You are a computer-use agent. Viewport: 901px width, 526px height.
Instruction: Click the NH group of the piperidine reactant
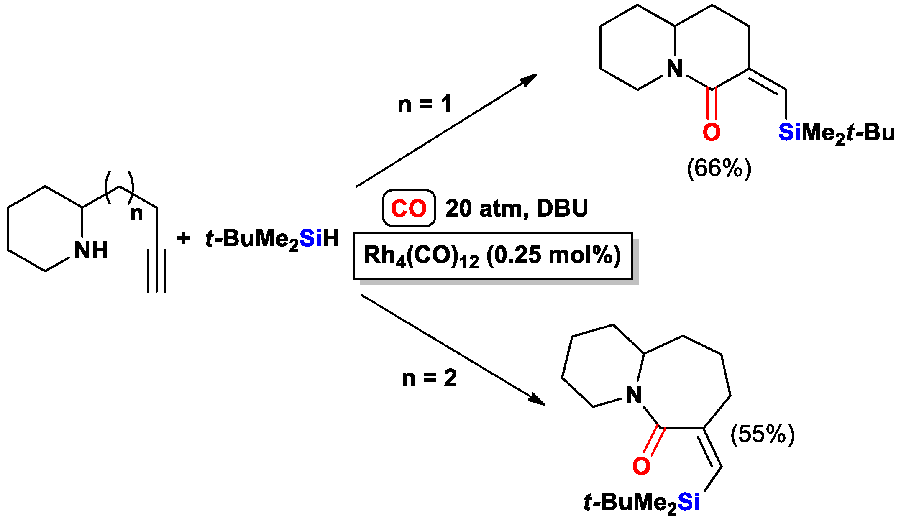tap(91, 250)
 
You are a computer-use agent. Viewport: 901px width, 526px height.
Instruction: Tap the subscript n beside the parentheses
tap(136, 214)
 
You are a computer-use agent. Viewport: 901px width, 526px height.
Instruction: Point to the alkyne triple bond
tap(157, 271)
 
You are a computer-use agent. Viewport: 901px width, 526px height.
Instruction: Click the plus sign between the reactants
tap(183, 238)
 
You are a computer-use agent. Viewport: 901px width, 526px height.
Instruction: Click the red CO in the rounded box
tap(409, 208)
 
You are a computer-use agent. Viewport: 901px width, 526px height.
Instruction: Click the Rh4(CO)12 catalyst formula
tap(421, 256)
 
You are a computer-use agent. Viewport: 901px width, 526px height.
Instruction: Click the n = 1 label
tap(425, 104)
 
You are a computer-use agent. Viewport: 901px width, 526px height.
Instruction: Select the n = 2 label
tap(429, 378)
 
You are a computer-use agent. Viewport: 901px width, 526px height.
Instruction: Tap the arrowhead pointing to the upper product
tap(530, 79)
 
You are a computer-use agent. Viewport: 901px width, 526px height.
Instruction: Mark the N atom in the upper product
tap(674, 69)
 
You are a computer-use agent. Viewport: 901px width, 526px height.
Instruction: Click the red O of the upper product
tap(712, 132)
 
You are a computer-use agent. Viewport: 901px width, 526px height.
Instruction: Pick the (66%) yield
tap(719, 169)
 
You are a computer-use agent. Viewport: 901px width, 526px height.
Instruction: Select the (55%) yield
tap(763, 434)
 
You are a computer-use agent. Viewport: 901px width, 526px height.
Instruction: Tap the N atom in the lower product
tap(634, 394)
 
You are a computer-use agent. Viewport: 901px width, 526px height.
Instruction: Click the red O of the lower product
tap(641, 466)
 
